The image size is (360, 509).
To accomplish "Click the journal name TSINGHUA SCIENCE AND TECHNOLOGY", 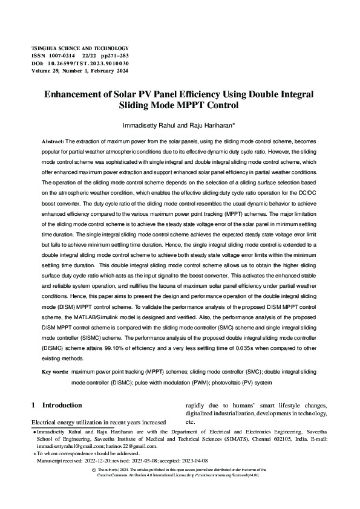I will point(80,48).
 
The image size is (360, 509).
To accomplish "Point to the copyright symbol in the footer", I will point(93,469).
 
